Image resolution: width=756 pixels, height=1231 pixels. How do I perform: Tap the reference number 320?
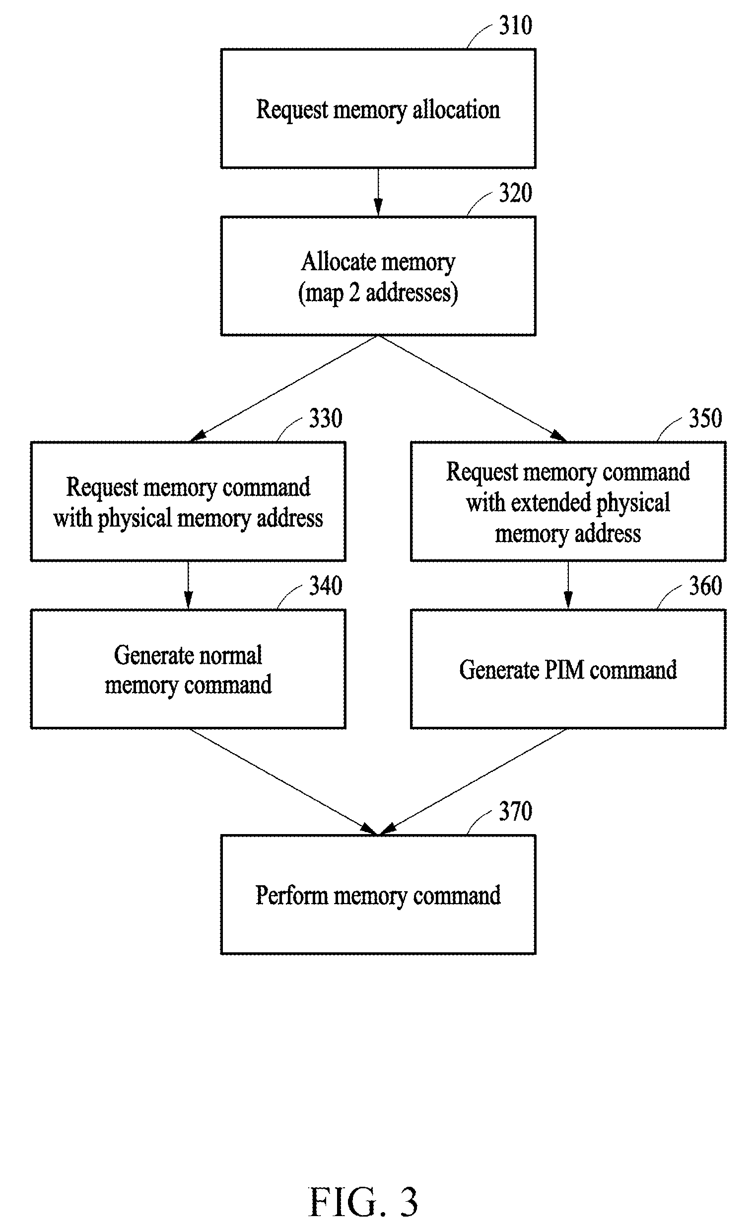(516, 193)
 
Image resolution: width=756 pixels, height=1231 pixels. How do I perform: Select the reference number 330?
(326, 418)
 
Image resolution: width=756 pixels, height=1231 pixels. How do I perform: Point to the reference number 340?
(326, 586)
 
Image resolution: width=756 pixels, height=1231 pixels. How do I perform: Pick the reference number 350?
(705, 418)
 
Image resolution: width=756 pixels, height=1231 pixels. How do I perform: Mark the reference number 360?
(705, 586)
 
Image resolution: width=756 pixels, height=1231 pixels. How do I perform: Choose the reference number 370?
(516, 811)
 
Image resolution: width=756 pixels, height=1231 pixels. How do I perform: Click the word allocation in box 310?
(456, 109)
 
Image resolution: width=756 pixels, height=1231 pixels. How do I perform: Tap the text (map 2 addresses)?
(378, 293)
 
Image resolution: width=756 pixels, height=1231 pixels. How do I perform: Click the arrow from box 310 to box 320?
(378, 192)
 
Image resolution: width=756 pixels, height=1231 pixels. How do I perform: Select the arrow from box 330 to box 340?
(188, 585)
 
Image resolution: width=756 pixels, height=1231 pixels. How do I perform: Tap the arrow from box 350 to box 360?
(568, 585)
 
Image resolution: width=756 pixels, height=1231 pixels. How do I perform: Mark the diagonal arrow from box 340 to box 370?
(283, 781)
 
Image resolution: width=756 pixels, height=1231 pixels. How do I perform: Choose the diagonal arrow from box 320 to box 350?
(473, 389)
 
